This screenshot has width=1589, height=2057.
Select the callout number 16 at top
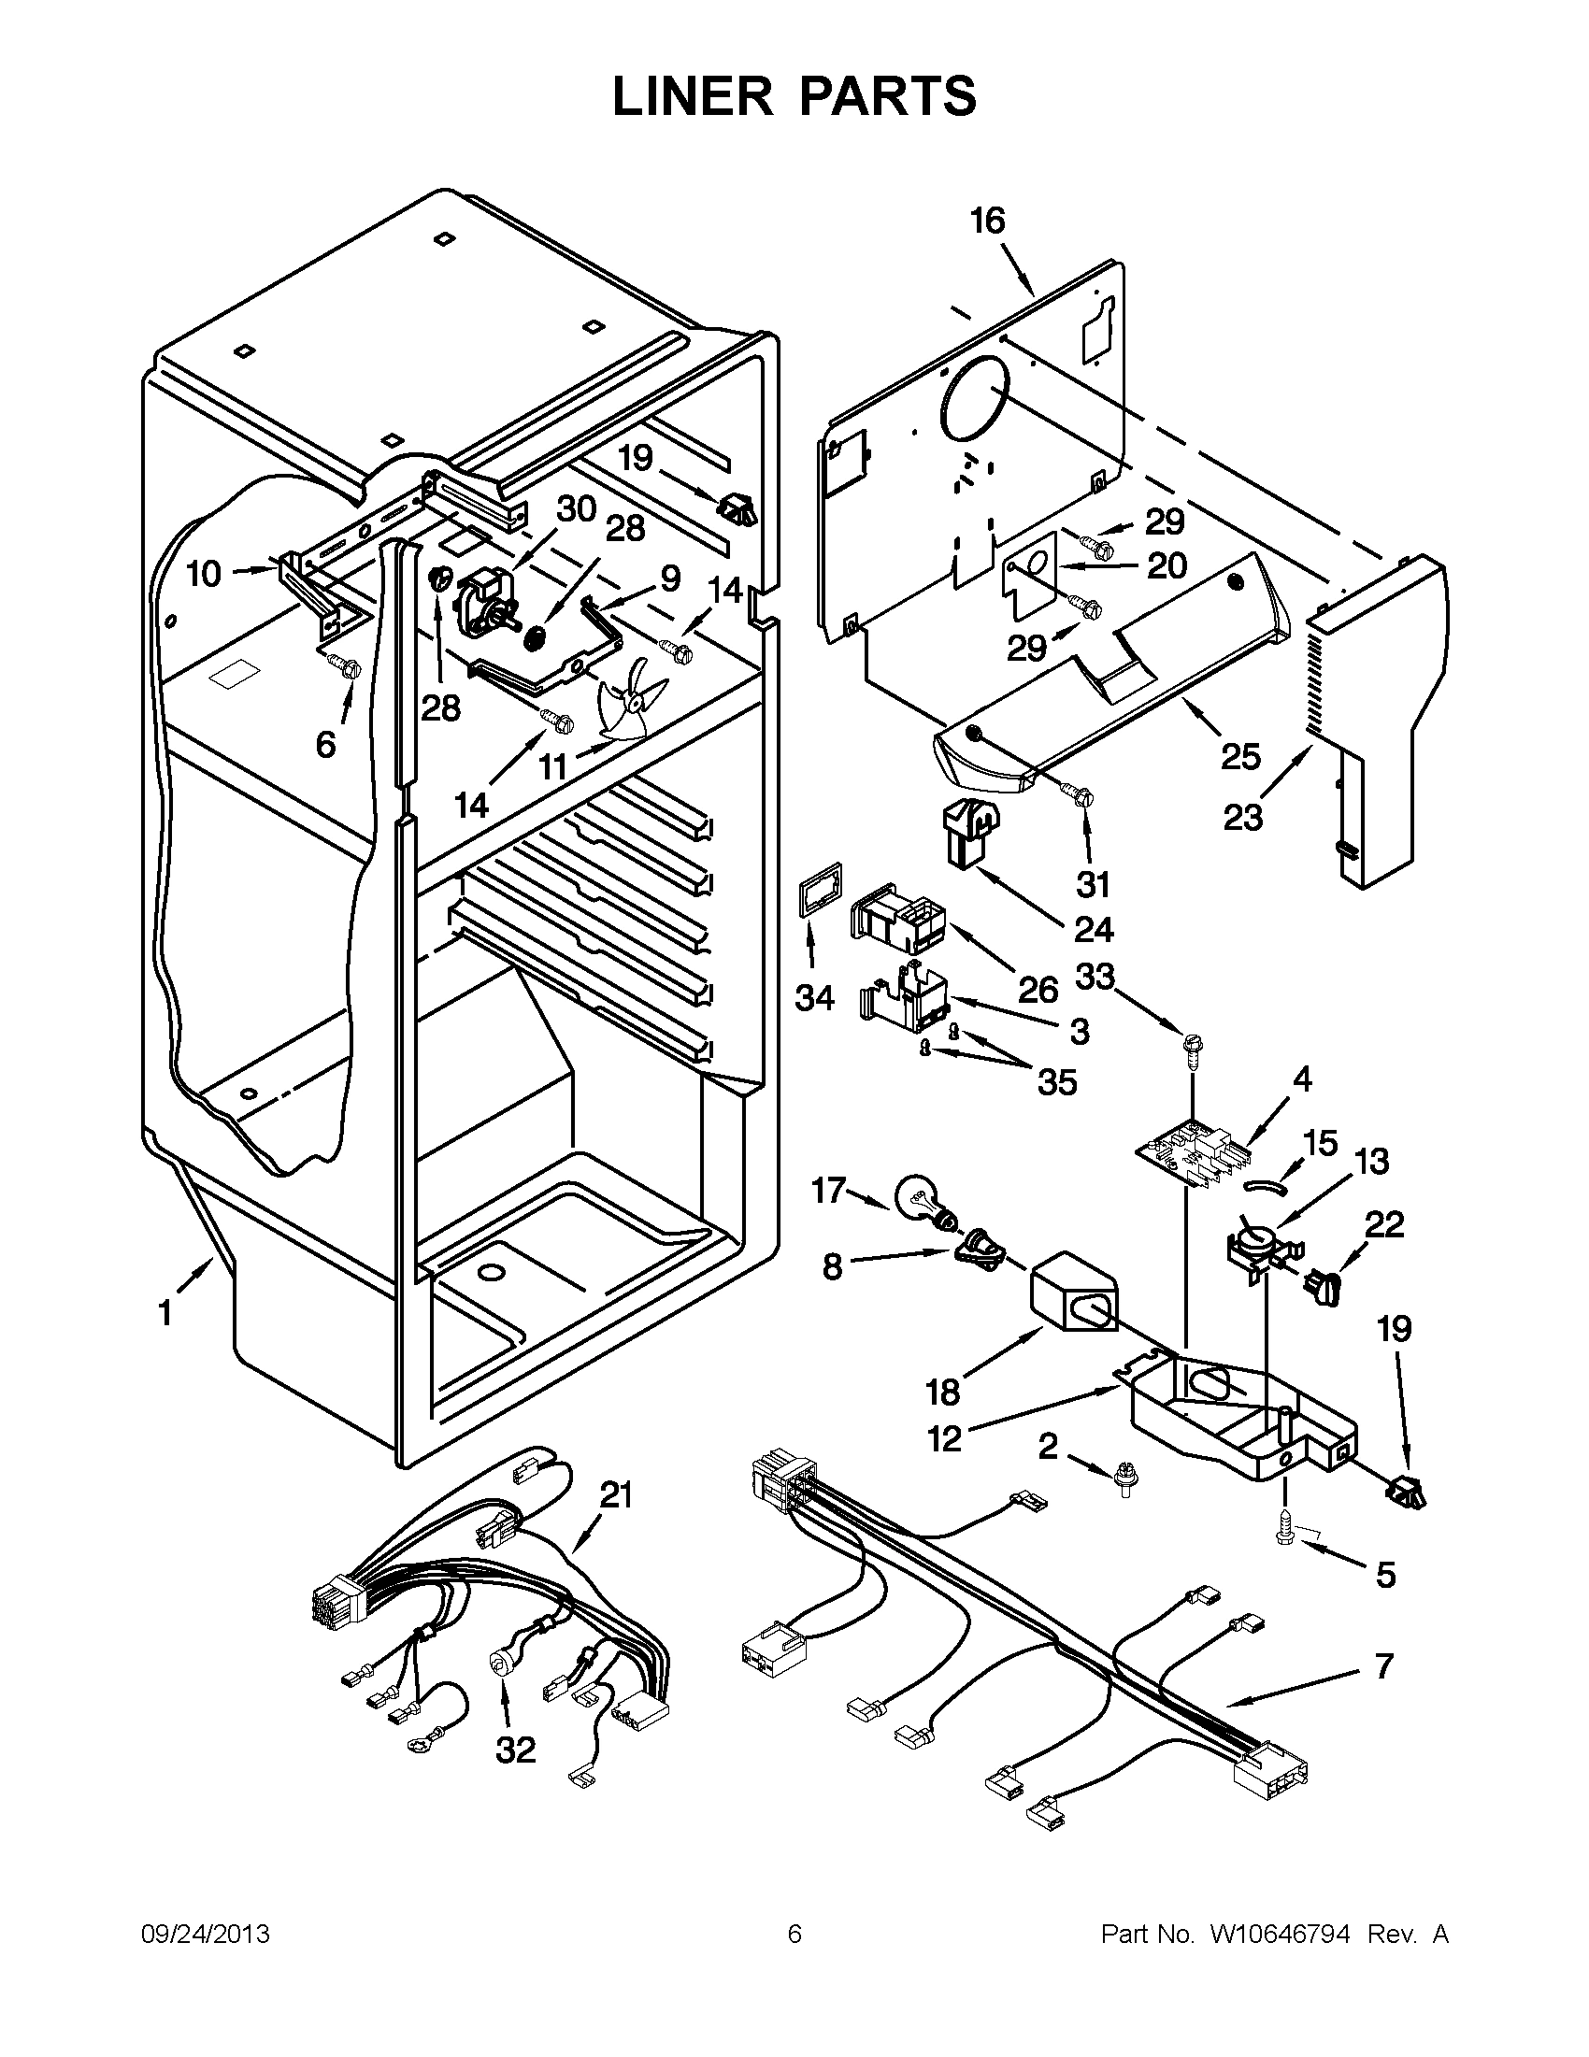[x=988, y=221]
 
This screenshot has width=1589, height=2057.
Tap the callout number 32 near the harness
[x=515, y=1750]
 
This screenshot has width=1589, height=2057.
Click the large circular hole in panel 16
[x=976, y=400]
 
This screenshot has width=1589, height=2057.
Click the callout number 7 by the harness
[x=1382, y=1666]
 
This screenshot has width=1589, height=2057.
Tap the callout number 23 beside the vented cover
[x=1243, y=817]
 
